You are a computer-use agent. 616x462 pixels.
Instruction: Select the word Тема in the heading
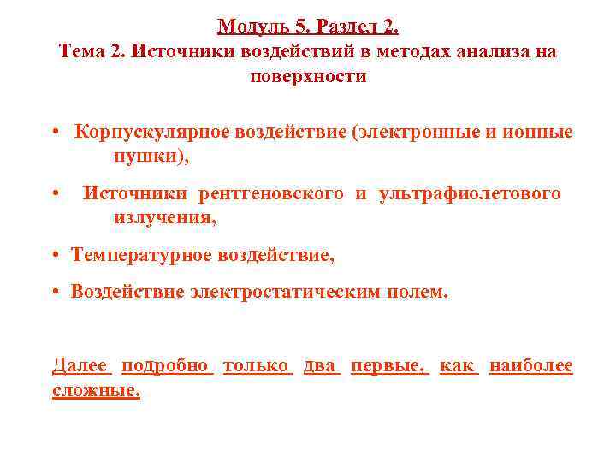(81, 51)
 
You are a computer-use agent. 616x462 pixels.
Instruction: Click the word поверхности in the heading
(308, 77)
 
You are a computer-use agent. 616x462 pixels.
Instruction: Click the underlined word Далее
(80, 366)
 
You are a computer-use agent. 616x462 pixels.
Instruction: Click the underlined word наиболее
(530, 366)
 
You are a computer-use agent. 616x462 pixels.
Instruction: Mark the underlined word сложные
(96, 391)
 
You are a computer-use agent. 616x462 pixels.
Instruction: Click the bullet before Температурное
(54, 255)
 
